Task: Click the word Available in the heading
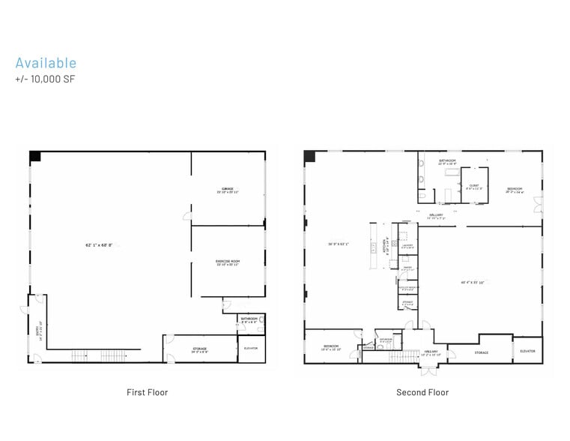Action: click(x=46, y=63)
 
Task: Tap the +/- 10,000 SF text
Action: click(x=45, y=79)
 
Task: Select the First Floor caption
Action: click(x=147, y=392)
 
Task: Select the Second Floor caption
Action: click(x=422, y=392)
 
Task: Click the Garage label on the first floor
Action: click(x=228, y=190)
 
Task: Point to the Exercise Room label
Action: click(x=227, y=262)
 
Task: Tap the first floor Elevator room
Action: click(x=251, y=349)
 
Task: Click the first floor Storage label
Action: click(x=199, y=349)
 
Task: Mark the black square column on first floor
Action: click(x=34, y=156)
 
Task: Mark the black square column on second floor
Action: click(x=309, y=156)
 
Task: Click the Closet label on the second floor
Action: click(x=473, y=186)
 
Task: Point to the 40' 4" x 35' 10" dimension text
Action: click(x=473, y=283)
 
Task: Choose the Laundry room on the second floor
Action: click(x=407, y=246)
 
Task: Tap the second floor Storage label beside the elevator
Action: click(x=481, y=352)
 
